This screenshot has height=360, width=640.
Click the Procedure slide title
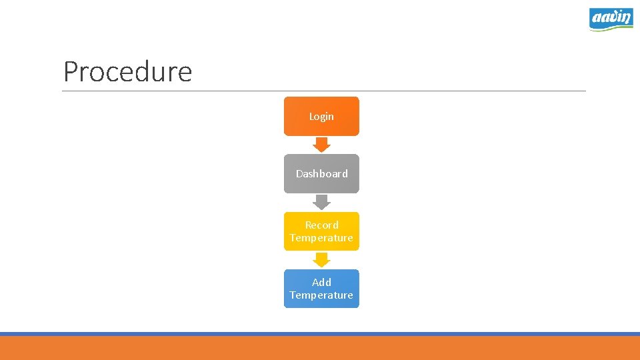127,72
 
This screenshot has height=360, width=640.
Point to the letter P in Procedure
71,72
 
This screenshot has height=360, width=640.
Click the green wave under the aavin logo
611,28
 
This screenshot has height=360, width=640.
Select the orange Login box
321,116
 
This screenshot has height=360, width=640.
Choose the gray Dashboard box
321,173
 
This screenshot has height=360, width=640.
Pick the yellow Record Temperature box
321,231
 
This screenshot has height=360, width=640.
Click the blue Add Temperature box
321,289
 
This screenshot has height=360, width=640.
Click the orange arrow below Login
322,144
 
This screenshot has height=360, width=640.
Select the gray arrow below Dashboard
322,202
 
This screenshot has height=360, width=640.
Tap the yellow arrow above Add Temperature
322,259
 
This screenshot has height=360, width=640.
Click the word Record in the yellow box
321,225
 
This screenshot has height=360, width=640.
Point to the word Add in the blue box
321,283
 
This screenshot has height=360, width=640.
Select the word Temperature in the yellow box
321,238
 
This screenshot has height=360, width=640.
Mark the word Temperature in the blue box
321,295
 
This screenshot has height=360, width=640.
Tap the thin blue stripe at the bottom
320,333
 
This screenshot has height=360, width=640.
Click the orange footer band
320,348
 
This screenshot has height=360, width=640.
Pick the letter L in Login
311,116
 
